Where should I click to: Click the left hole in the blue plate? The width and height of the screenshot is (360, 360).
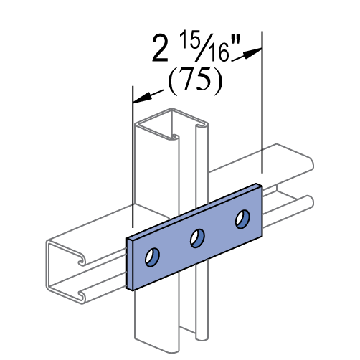coord(152,257)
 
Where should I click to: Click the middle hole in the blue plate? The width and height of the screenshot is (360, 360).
coord(197,238)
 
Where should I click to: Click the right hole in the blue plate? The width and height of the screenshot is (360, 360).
coord(242,219)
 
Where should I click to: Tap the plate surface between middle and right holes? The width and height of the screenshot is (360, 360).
coord(219,229)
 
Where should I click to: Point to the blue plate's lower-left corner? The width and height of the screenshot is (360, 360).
coord(131,288)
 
